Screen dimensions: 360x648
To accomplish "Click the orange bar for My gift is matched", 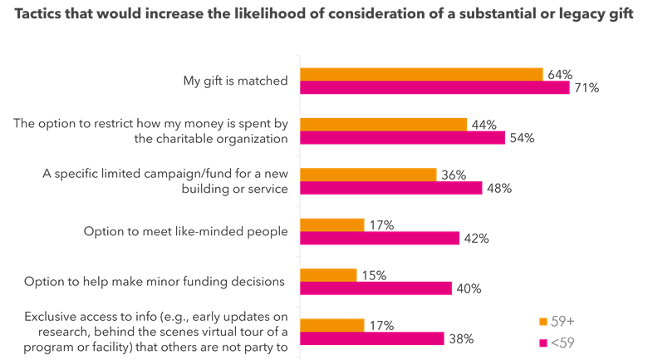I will coord(421,74).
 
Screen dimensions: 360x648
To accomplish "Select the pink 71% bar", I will coord(434,88).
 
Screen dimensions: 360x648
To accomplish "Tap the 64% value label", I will coord(557,73).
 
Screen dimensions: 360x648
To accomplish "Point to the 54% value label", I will coord(521,138).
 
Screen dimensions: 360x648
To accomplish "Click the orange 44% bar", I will coord(384,125).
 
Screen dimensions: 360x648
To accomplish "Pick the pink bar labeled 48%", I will coord(390,188).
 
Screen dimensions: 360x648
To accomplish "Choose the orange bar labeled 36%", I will coord(368,175).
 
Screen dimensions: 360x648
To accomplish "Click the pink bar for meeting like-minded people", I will coord(380,239).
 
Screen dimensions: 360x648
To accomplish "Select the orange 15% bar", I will coord(328,274).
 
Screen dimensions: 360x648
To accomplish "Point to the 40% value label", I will coord(468,288).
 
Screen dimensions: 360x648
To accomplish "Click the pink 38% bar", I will coord(372,338).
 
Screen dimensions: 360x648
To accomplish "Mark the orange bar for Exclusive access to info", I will coord(332,324).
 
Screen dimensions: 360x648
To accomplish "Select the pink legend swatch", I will coord(543,342).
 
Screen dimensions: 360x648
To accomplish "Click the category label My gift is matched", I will coord(235,81).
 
